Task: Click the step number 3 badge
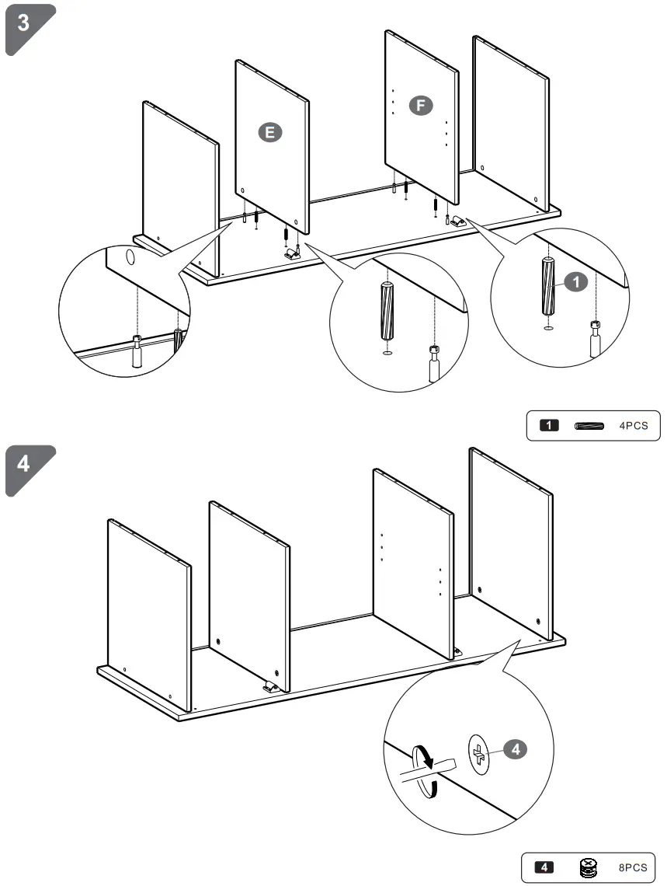click(26, 23)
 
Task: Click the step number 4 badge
click(26, 465)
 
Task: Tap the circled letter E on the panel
click(269, 132)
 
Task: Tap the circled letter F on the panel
click(420, 106)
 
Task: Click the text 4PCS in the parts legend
click(633, 425)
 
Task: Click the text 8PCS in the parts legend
click(633, 867)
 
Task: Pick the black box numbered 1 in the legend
click(550, 425)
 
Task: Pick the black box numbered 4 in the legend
click(547, 867)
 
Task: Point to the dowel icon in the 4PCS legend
click(590, 425)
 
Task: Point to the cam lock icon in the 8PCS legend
click(589, 867)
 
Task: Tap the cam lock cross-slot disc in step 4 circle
click(479, 753)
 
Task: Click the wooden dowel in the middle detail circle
click(386, 311)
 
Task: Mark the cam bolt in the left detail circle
click(137, 351)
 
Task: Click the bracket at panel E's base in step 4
click(270, 686)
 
